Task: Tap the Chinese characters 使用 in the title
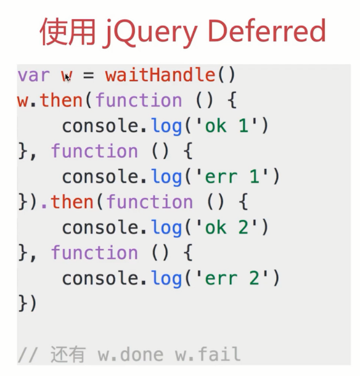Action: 68,31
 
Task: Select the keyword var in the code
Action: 33,76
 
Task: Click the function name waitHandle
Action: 160,75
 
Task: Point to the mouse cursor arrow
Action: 67,78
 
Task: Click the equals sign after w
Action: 88,76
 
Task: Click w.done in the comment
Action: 131,354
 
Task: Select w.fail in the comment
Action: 208,354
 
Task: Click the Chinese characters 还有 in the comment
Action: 68,354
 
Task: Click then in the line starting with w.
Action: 62,100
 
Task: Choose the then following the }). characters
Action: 72,202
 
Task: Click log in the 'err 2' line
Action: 166,279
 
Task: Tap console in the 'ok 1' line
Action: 101,126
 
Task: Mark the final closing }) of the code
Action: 27,303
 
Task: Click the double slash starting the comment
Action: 27,354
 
